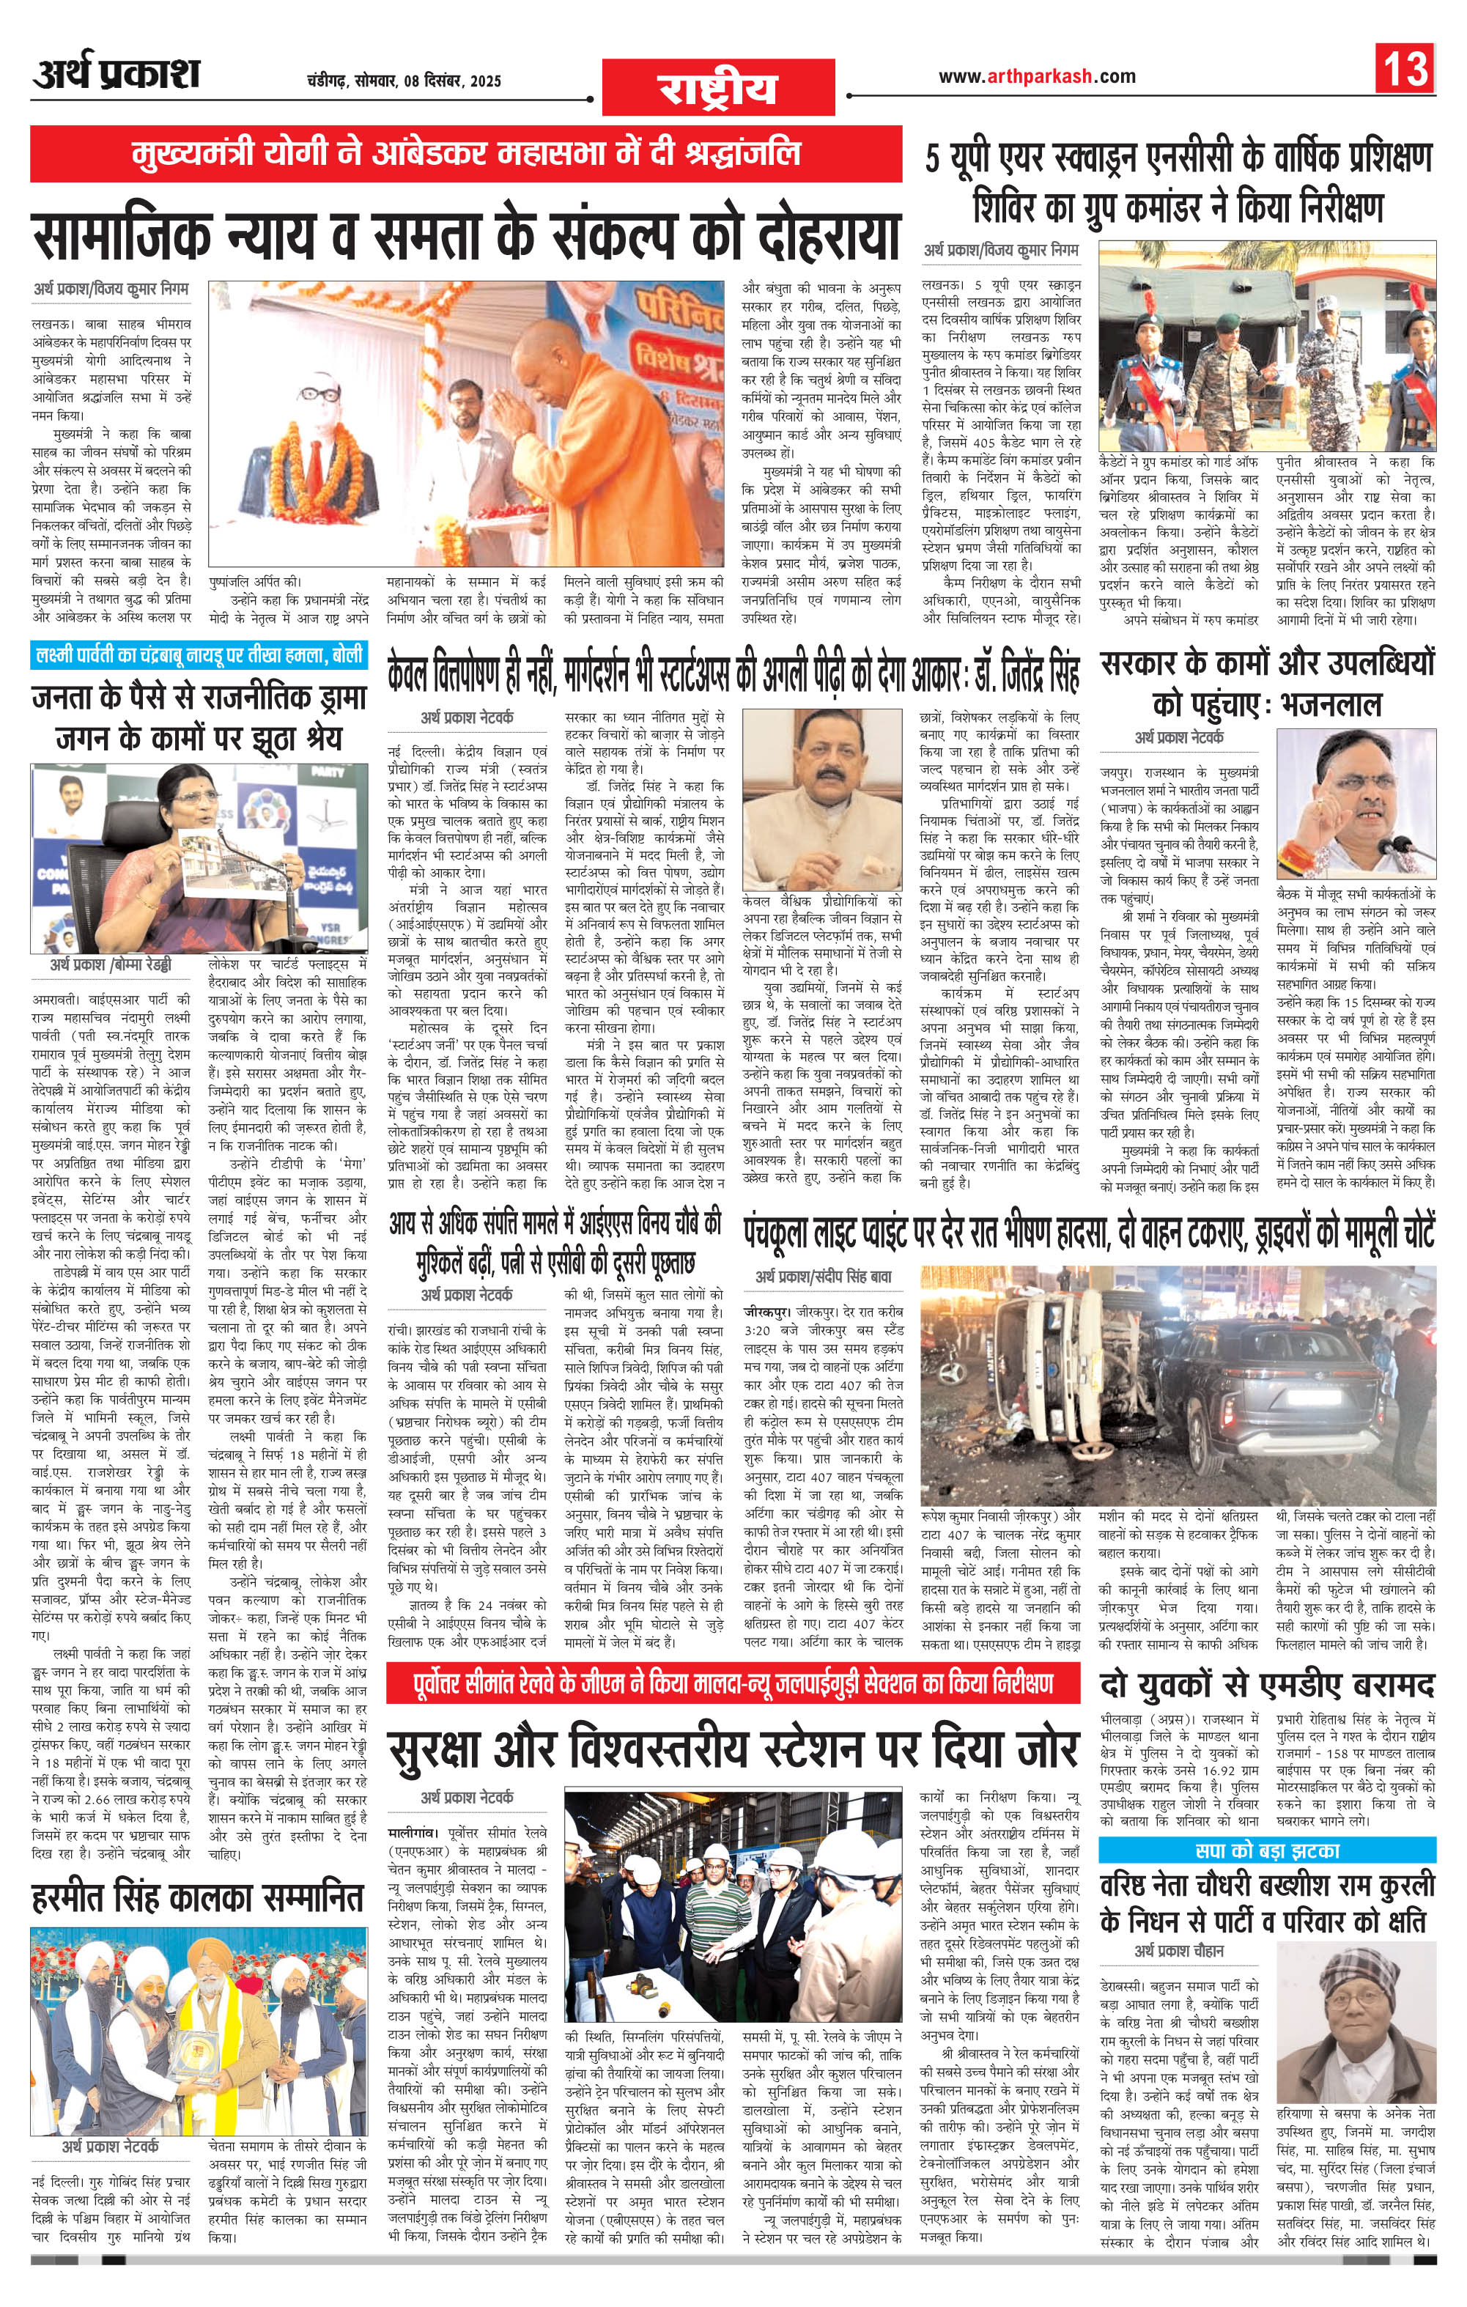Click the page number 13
(x=1405, y=69)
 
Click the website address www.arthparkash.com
(x=1037, y=77)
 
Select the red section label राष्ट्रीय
(x=717, y=88)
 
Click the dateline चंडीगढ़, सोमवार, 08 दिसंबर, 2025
(x=398, y=81)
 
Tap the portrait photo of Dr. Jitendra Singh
(x=821, y=800)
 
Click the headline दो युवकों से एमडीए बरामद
(x=1267, y=1683)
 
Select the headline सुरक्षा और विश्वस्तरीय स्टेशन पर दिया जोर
(x=734, y=1749)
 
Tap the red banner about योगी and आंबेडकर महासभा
(x=466, y=153)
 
